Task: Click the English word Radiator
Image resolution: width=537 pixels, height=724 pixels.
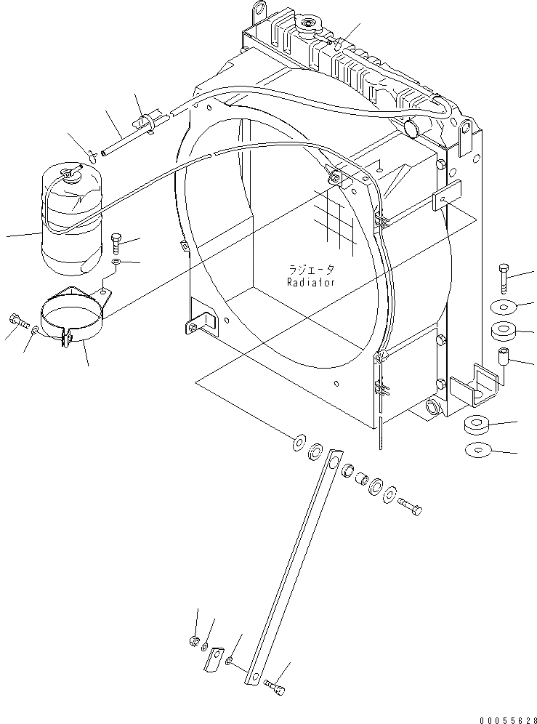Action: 310,282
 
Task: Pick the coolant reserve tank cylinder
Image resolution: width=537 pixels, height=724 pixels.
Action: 71,222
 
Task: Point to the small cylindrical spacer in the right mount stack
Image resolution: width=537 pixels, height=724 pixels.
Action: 502,357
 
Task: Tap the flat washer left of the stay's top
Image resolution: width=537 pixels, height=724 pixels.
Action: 298,443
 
